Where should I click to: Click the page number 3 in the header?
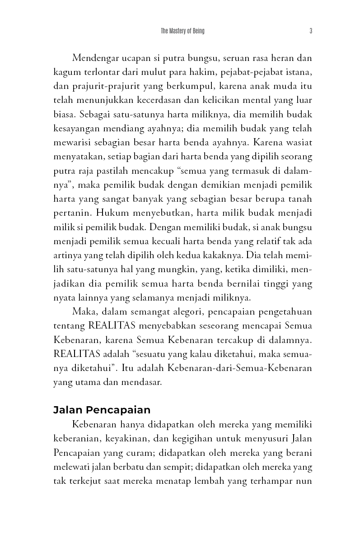pos(311,31)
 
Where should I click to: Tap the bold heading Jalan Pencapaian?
pos(102,410)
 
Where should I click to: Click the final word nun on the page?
pos(305,481)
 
